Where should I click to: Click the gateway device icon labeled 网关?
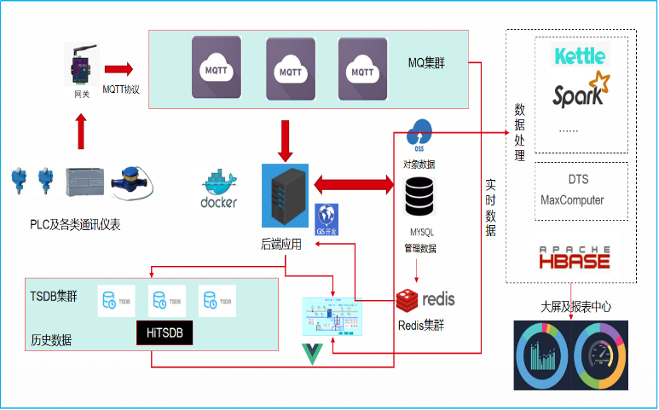[x=78, y=65]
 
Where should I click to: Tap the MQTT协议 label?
[x=121, y=89]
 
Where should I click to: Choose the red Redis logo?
[x=425, y=299]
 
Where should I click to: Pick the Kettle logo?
[x=580, y=56]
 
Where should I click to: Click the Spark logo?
[x=581, y=92]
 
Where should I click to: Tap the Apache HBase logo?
[x=575, y=254]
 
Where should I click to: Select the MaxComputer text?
[x=572, y=200]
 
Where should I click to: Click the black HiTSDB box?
[x=165, y=332]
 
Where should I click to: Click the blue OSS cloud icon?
[x=419, y=133]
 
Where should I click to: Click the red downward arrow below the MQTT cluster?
[x=286, y=140]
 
